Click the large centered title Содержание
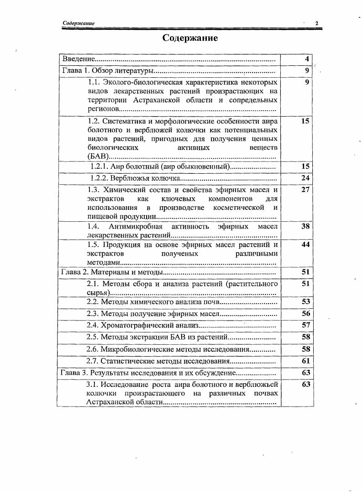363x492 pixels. tap(190, 38)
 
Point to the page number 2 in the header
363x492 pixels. tap(316, 23)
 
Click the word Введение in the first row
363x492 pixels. tap(78, 59)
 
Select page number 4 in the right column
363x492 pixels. tap(307, 59)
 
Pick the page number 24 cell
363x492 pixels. tap(305, 178)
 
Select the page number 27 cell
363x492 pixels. tap(305, 190)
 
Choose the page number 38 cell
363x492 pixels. tap(305, 226)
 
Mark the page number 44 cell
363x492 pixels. tap(305, 245)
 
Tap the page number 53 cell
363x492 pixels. tap(305, 302)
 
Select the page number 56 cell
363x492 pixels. tap(305, 314)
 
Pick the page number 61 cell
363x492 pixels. tap(305, 361)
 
